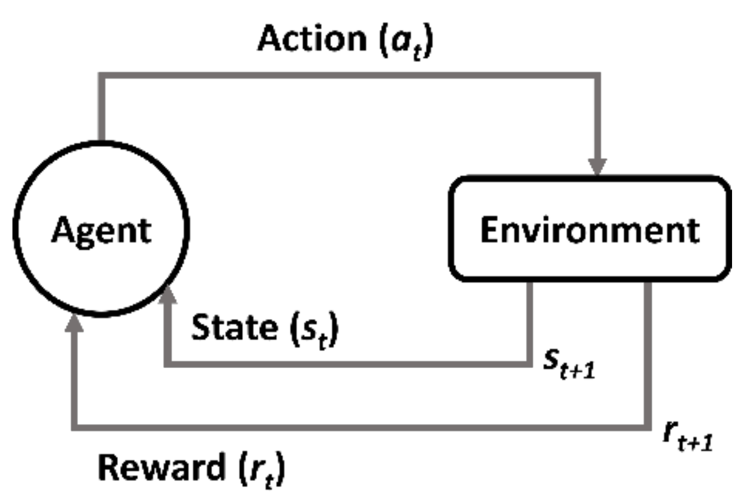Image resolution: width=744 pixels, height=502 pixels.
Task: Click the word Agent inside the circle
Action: (101, 231)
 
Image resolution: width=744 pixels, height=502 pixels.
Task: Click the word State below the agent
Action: (234, 327)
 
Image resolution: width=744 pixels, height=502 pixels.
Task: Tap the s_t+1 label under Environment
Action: (568, 364)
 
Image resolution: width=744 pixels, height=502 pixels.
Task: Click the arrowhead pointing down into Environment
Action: (597, 166)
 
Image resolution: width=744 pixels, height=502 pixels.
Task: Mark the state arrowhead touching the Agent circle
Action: (168, 295)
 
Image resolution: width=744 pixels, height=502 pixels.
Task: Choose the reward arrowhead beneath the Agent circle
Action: (75, 323)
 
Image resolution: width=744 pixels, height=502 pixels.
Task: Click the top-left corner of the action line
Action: (101, 76)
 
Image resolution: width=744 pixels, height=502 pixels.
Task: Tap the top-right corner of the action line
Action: (597, 76)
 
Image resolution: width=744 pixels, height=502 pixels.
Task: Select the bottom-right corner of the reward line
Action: (648, 427)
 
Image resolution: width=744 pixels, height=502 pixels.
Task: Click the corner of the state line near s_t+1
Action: (529, 364)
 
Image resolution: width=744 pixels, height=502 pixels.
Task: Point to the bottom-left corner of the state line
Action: (168, 364)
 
